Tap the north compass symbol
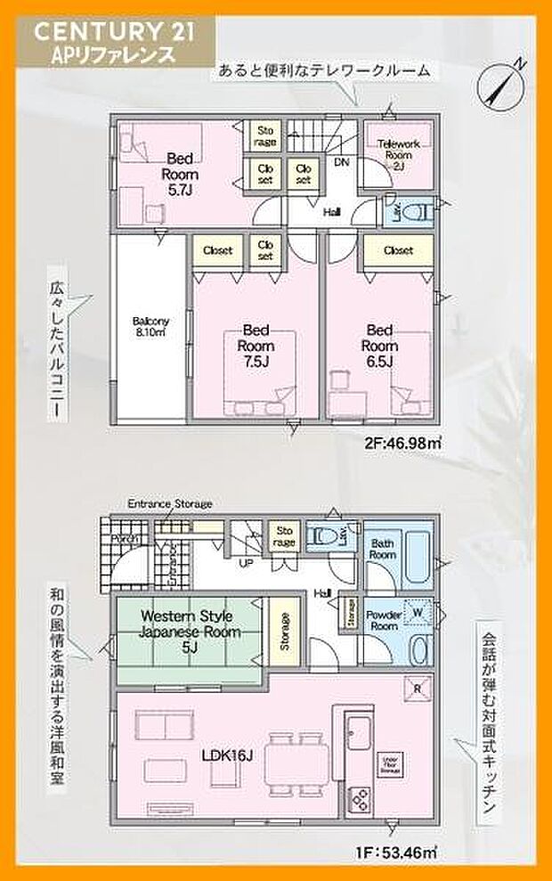[x=500, y=84]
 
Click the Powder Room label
[x=383, y=619]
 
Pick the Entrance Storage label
[x=169, y=504]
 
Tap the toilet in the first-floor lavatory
[x=332, y=536]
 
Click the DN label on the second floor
[x=342, y=163]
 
